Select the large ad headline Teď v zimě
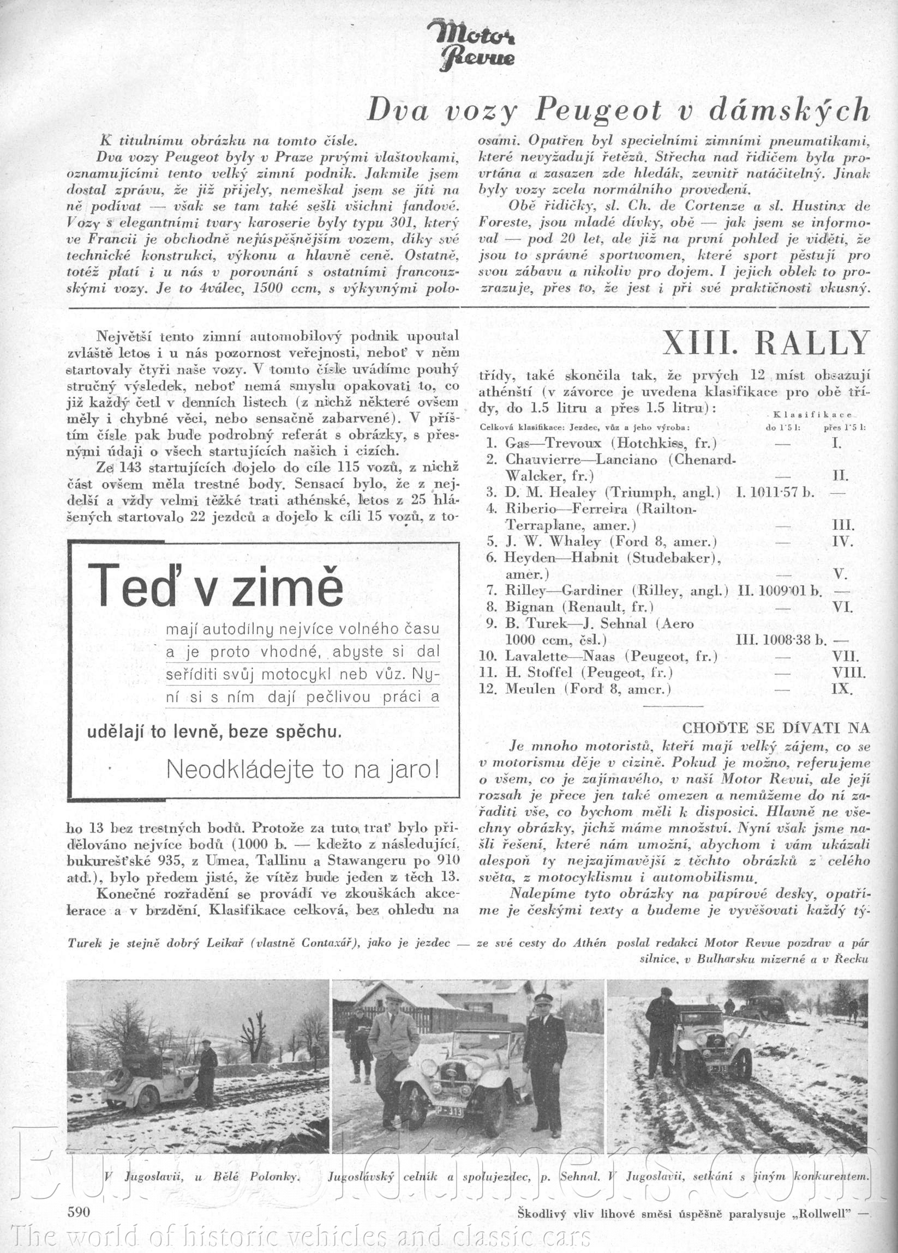coord(215,585)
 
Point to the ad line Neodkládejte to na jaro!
coord(303,770)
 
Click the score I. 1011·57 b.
coord(775,492)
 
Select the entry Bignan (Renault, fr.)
coord(579,607)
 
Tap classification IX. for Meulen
coord(842,689)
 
